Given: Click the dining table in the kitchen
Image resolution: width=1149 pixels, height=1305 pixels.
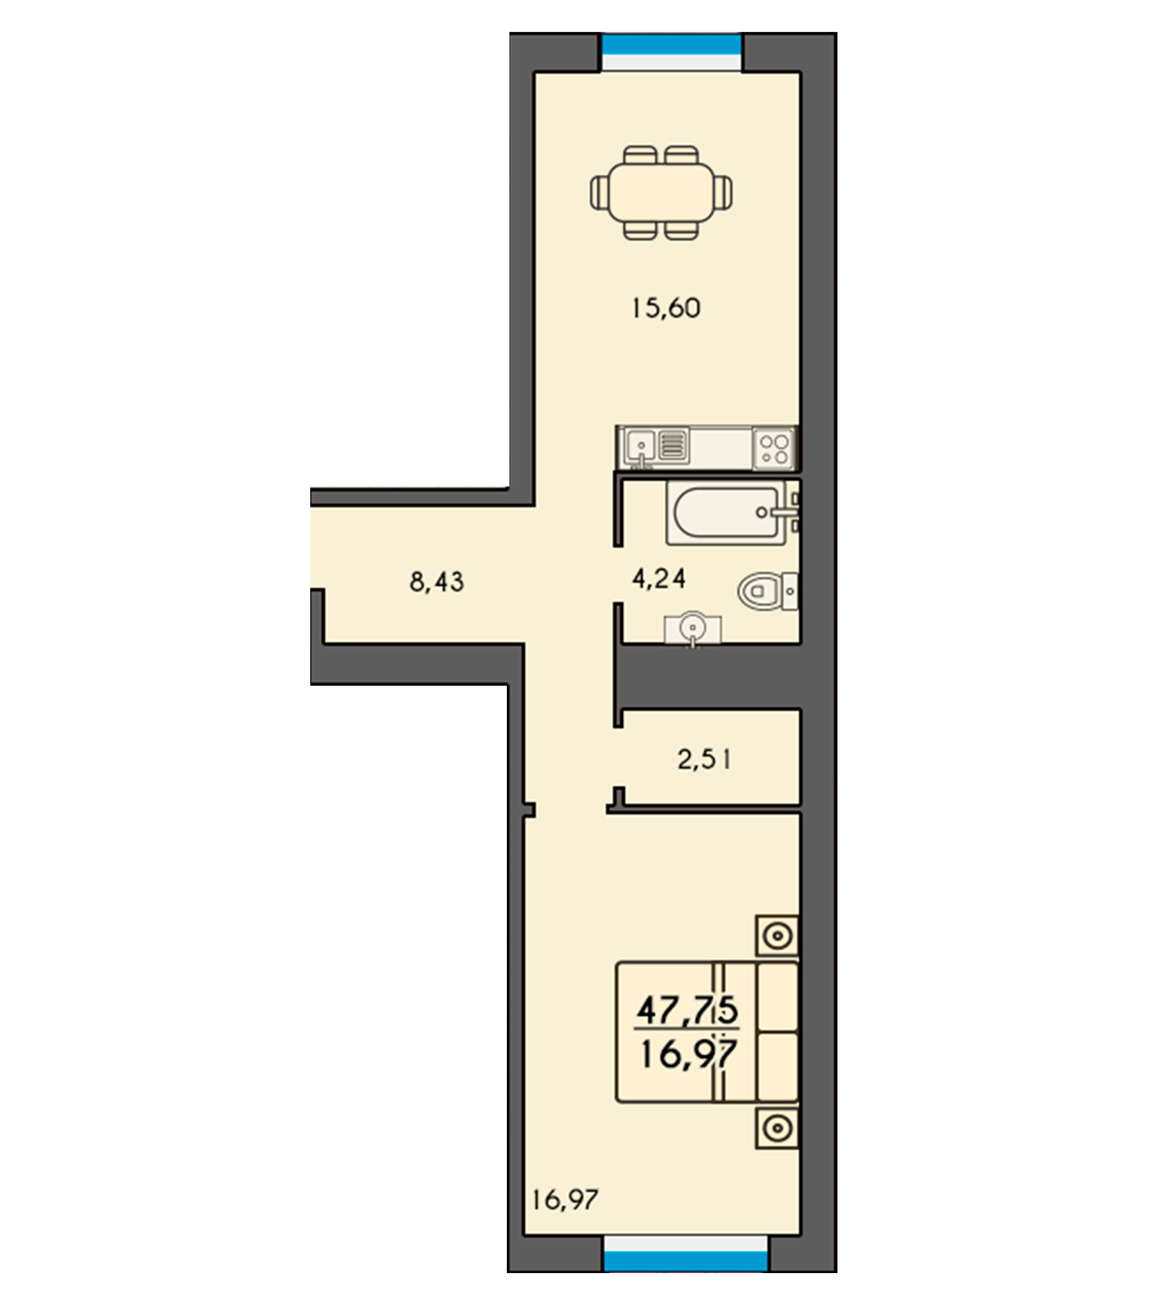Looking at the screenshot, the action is pyautogui.click(x=661, y=192).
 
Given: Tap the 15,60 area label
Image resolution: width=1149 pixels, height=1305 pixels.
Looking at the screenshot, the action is pyautogui.click(x=666, y=308).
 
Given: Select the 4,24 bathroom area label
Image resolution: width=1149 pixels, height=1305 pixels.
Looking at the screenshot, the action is pyautogui.click(x=659, y=578).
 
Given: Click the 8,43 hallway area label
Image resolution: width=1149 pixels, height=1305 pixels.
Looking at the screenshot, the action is pyautogui.click(x=437, y=582).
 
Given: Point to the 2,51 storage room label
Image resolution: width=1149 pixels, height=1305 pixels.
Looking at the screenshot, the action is pyautogui.click(x=705, y=760).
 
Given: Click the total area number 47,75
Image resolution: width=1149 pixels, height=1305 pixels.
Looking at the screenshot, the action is pyautogui.click(x=687, y=1010).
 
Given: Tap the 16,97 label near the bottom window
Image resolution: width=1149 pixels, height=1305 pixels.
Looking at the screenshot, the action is pyautogui.click(x=566, y=1200).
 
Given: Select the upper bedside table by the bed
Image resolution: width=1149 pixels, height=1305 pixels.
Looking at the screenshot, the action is pyautogui.click(x=777, y=936).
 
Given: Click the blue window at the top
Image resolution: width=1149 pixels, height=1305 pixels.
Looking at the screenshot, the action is pyautogui.click(x=672, y=44).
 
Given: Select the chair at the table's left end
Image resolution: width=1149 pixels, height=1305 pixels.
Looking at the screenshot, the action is pyautogui.click(x=599, y=192).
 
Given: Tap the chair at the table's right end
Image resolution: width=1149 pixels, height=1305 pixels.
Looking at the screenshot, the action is pyautogui.click(x=723, y=192).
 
